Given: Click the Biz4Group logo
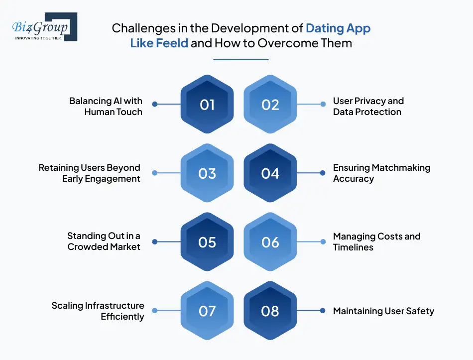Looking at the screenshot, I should [44, 27].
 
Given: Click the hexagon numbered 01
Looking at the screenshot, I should [207, 105].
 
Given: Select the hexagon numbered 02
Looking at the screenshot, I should [270, 105].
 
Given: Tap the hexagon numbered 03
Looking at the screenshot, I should [207, 173].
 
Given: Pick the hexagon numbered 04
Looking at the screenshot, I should [270, 173].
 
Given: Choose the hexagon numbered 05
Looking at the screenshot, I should [207, 242].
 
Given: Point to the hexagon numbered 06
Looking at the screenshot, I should [270, 242].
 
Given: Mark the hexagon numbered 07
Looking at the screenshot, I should [207, 311].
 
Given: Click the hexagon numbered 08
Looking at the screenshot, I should [270, 311].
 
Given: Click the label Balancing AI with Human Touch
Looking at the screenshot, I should [106, 106].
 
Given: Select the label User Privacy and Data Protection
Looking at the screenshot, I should [368, 106].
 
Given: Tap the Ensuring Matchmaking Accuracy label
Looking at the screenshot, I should [381, 173].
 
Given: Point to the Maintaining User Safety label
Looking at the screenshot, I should [383, 311].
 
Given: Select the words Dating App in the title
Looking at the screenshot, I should [338, 28].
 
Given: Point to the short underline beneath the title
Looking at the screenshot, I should [241, 60].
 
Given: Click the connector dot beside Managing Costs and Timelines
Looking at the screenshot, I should [323, 242].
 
